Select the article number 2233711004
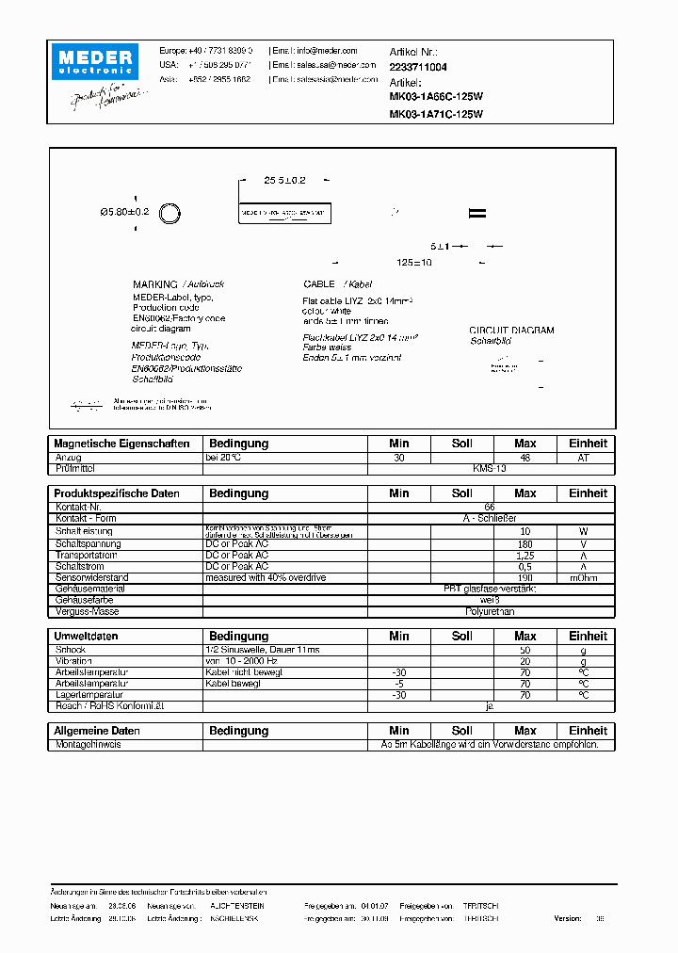[x=418, y=68]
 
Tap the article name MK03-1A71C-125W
[x=436, y=114]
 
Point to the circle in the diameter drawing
[x=169, y=213]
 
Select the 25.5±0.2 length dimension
[x=284, y=179]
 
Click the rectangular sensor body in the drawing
[x=284, y=214]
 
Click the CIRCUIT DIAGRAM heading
[x=511, y=331]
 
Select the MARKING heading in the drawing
[x=155, y=284]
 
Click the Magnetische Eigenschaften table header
[x=121, y=444]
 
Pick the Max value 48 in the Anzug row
[x=525, y=458]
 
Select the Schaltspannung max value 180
[x=525, y=543]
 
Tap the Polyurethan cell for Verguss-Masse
[x=489, y=611]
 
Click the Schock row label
[x=71, y=650]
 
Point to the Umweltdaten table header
[x=95, y=637]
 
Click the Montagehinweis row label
[x=88, y=745]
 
